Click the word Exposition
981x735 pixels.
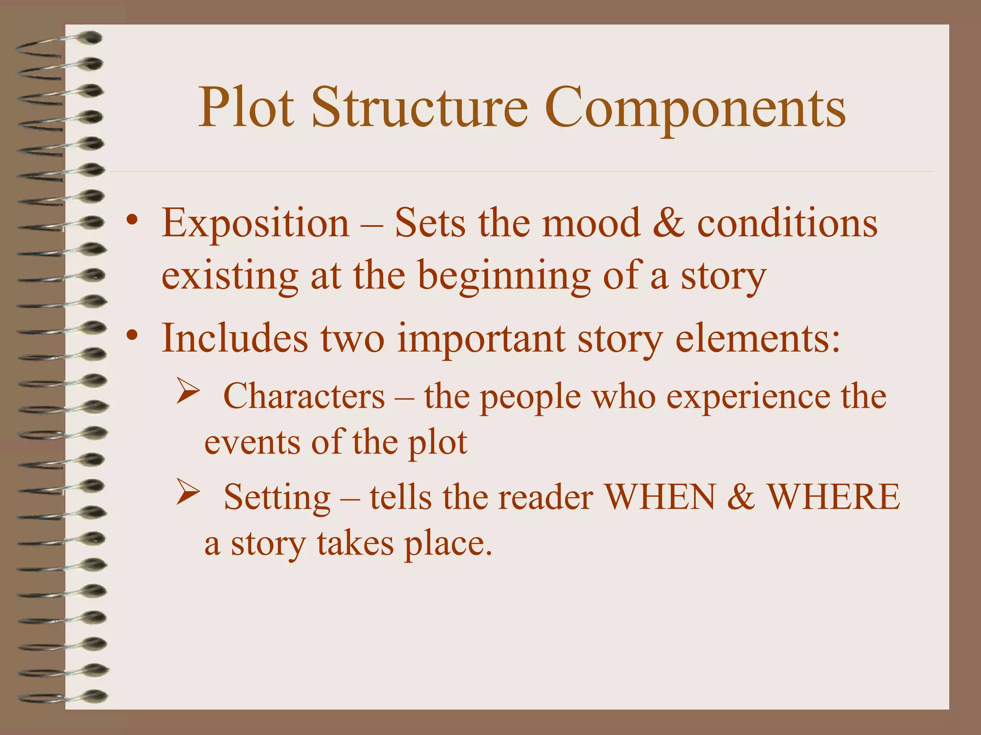256,224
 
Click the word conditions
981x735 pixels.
787,223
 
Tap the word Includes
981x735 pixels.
235,338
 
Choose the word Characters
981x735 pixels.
304,396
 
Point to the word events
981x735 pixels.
252,442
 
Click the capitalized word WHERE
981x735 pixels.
834,497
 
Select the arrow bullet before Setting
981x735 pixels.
187,492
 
